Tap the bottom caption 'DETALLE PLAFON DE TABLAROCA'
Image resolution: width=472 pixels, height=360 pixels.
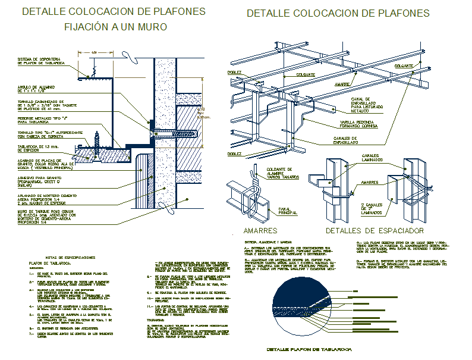309,349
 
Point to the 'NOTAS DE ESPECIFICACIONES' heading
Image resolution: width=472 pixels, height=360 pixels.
61,256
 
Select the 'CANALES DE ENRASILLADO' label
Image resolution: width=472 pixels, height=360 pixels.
336,141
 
